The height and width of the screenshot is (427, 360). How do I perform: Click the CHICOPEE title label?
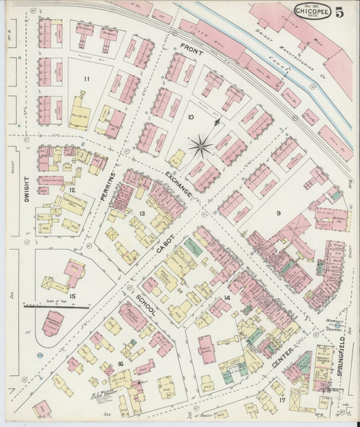[x=312, y=10]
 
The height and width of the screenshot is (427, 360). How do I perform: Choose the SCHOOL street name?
[x=145, y=305]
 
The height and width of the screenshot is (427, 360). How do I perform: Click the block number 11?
[x=86, y=79]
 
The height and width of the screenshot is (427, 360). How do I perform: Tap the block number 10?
[x=191, y=118]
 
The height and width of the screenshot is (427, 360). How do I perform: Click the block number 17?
[x=282, y=399]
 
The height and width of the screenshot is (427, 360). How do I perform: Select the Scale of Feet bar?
[x=56, y=306]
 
